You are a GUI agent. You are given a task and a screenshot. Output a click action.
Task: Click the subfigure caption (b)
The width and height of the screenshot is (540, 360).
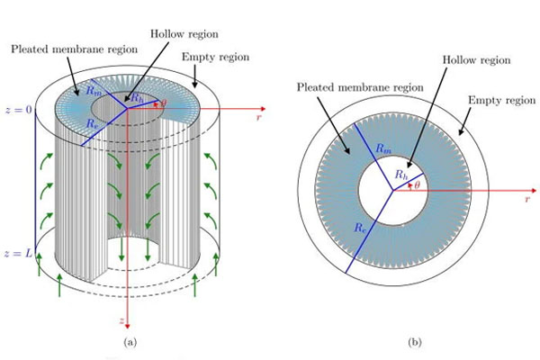391,343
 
